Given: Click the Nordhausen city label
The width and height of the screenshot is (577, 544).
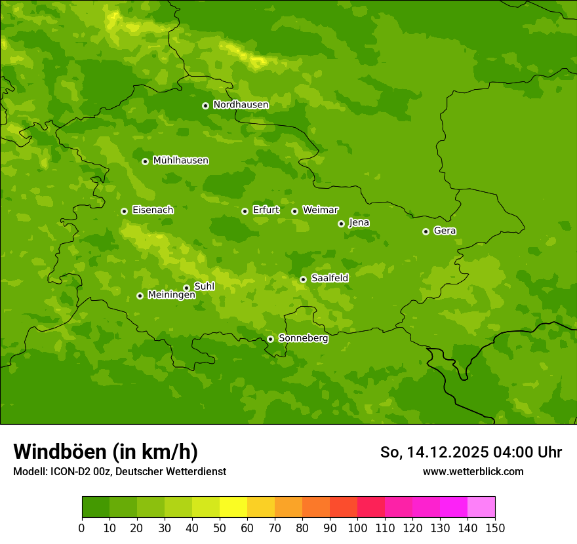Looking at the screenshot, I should tap(241, 105).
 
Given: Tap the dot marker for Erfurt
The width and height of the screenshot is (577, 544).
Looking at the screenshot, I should tap(245, 211).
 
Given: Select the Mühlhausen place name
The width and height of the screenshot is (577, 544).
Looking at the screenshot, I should tap(180, 161).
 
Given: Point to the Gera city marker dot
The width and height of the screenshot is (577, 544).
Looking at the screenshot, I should tap(426, 231).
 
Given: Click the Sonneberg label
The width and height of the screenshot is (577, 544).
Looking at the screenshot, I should tap(303, 338).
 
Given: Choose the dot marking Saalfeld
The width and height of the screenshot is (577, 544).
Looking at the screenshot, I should tap(303, 279).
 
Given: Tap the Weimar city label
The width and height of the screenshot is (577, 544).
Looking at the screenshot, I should tap(320, 210).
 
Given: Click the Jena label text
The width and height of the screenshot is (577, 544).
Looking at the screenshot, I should tap(359, 223).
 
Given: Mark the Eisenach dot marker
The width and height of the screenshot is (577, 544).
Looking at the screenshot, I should tap(124, 211).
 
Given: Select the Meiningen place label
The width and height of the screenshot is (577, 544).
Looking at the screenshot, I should tap(171, 295).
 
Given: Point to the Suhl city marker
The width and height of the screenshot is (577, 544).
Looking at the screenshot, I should tap(186, 288).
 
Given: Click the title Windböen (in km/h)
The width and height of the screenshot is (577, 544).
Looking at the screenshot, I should tap(106, 452).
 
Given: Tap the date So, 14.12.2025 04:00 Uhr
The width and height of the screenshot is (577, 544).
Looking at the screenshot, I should tap(471, 452).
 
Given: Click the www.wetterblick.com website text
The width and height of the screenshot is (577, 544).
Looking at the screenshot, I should tap(473, 471).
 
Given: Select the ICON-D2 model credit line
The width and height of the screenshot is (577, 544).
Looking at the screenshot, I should tap(119, 471).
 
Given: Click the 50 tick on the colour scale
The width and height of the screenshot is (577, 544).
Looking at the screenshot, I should tap(220, 528).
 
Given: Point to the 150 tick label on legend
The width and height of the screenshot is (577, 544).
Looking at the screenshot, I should tap(495, 528).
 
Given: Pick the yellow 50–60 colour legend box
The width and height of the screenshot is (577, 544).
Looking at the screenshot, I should tap(233, 507).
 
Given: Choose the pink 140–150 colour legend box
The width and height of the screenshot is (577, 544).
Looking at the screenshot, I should tap(481, 507).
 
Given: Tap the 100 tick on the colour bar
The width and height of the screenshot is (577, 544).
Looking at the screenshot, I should tap(357, 528).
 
